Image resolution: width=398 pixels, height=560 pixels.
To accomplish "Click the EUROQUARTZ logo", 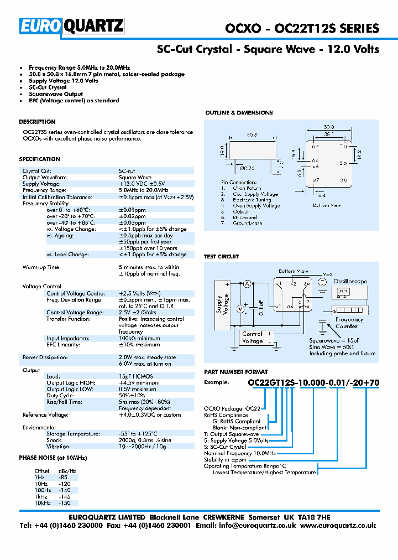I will click(x=72, y=26).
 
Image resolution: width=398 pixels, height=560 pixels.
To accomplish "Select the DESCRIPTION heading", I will click(x=37, y=122).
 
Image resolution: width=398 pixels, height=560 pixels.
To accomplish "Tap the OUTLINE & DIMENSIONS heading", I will click(x=239, y=113).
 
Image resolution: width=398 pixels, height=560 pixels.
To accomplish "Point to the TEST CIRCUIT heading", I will click(x=221, y=257).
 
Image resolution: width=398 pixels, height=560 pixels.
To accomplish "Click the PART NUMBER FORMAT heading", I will click(x=235, y=372).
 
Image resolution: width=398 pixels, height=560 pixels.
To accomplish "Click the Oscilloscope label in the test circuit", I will click(x=350, y=281).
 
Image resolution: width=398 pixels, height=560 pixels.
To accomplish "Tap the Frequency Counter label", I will click(x=349, y=323).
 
